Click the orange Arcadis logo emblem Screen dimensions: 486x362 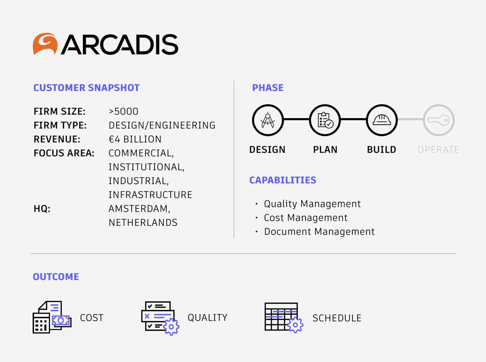point(45,44)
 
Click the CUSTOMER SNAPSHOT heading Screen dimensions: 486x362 point(86,88)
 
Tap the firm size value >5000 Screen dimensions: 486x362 point(123,112)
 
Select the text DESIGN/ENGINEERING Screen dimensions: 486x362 point(162,125)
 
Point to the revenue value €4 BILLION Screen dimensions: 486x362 point(135,139)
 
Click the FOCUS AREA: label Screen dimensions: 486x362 point(64,153)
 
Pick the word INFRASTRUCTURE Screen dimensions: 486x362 point(150,195)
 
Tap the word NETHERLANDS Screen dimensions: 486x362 point(143,223)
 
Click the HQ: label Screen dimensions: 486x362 point(42,209)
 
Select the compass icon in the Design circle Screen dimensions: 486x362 point(268,120)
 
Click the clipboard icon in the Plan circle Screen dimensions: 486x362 point(325,120)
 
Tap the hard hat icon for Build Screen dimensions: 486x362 point(382,120)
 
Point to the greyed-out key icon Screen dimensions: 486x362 point(438,120)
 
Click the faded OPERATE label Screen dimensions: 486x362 point(438,149)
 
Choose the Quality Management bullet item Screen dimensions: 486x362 point(312,204)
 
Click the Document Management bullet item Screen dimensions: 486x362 point(319,231)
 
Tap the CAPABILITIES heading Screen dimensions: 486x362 point(283,180)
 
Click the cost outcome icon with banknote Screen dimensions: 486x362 point(52,317)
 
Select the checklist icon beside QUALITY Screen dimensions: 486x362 point(160,318)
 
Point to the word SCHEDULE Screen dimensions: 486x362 point(337,318)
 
